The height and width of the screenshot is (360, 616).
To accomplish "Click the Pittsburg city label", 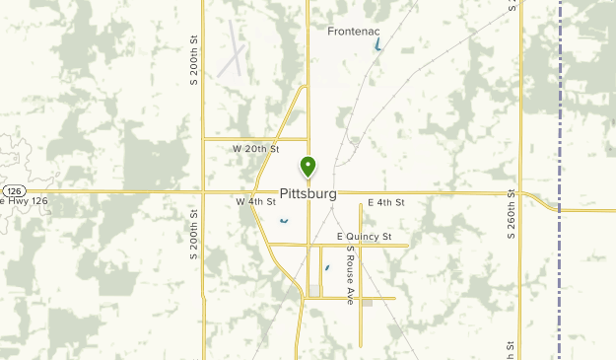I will coord(308,194).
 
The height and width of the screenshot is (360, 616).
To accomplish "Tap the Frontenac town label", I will coord(355,32).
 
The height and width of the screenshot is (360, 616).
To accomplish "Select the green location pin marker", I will coord(308,167).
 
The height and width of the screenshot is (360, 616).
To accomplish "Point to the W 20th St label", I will coord(256,149).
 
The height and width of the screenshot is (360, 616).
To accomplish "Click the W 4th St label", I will coord(254,201).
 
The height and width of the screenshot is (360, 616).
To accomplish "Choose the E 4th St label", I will coord(386,202).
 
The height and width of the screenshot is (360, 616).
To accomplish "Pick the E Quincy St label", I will coord(365,237).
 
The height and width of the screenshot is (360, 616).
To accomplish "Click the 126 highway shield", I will coord(12,189).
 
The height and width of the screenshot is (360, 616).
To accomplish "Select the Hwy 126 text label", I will coord(24,201).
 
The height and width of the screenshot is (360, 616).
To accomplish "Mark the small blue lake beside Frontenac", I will coord(379,45).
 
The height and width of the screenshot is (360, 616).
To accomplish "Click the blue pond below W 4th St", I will coord(284,221).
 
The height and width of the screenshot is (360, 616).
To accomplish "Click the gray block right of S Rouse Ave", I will coord(367,303).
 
